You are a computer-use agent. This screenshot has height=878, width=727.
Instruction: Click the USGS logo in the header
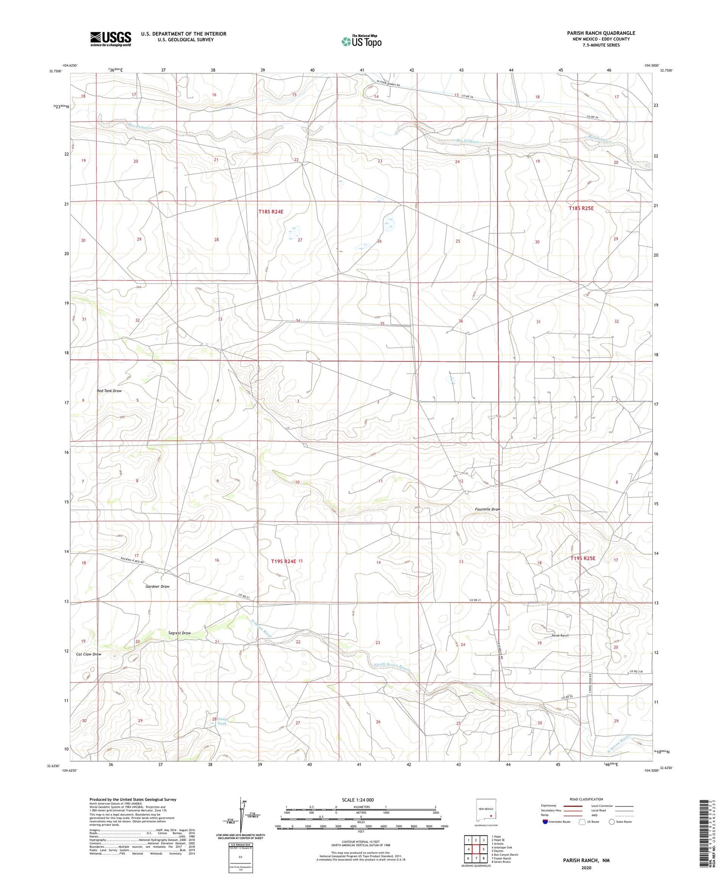[111, 39]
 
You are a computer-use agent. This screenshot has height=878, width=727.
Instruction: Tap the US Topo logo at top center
[361, 42]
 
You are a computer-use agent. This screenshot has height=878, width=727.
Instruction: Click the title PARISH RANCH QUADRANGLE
[601, 33]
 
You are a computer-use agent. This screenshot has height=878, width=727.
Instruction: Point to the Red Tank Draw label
[109, 391]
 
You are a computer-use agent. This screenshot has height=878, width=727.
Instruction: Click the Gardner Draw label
[158, 586]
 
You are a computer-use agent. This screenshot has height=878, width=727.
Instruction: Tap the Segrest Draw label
[179, 633]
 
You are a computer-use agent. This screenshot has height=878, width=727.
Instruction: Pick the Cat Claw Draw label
[89, 654]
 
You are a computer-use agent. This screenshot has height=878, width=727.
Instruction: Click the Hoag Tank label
[221, 722]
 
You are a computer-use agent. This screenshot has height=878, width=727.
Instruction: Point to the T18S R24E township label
[270, 212]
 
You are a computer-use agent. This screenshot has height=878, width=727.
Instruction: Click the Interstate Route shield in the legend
[545, 822]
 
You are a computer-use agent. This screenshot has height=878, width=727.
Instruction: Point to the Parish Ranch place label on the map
[560, 635]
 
